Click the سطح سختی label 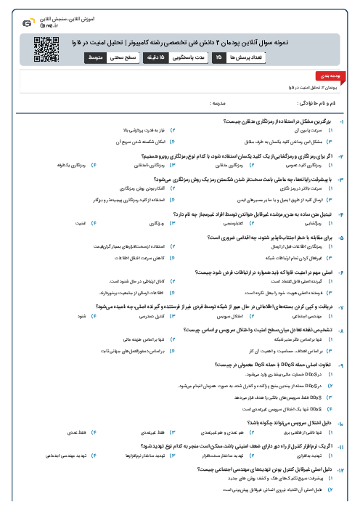point(128,55)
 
